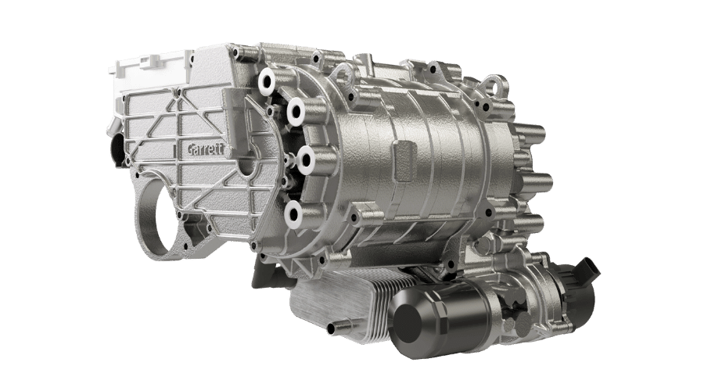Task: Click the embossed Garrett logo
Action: pos(205,149)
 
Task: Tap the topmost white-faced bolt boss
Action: pos(267,81)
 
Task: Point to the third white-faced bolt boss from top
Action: pos(306,159)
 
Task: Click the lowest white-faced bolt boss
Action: pos(293,213)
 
